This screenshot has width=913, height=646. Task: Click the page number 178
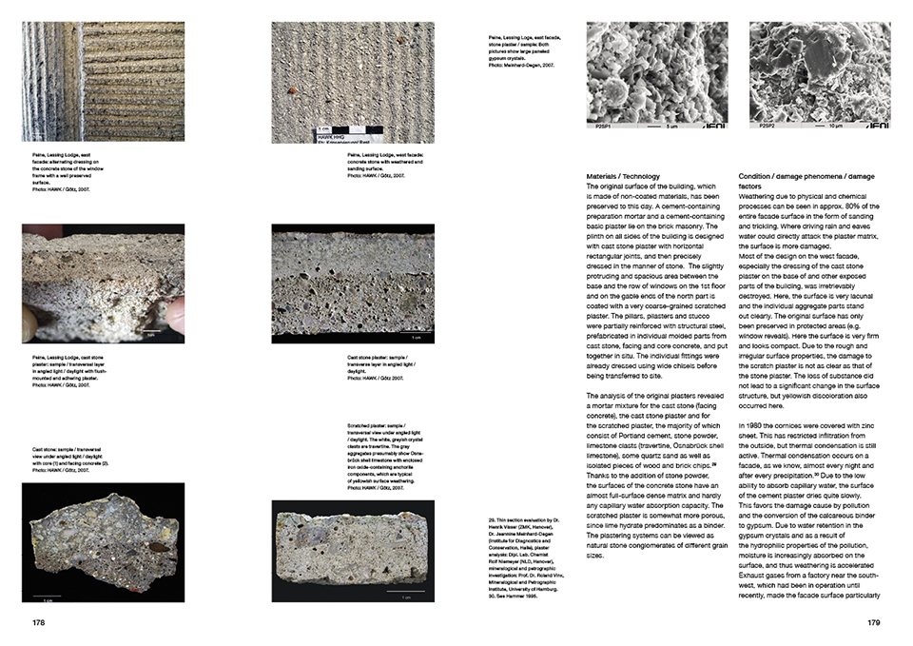point(39,623)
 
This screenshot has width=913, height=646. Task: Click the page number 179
point(875,623)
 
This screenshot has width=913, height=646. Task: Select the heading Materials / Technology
point(623,177)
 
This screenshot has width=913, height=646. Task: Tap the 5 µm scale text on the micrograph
point(671,125)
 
